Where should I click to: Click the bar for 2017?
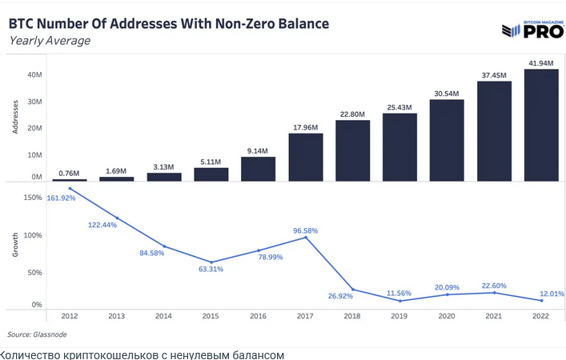[x=306, y=158]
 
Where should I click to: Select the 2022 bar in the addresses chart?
[x=541, y=125]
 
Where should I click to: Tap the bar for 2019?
[x=399, y=147]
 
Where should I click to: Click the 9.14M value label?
[x=257, y=150]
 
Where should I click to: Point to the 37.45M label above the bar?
[x=494, y=75]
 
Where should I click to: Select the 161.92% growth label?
[x=61, y=198]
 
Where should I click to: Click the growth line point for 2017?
[x=306, y=238]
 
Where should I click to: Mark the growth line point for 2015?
[x=211, y=262]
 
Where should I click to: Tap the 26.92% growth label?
[x=340, y=296]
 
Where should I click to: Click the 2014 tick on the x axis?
[x=163, y=316]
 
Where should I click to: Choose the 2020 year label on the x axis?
[x=447, y=316]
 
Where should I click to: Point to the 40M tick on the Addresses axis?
[x=34, y=74]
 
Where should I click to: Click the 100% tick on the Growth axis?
[x=33, y=235]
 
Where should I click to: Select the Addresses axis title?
[x=15, y=117]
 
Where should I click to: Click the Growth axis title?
[x=15, y=245]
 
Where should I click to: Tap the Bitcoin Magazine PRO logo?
[x=533, y=30]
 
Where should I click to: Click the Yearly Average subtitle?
[x=50, y=41]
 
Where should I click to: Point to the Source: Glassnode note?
[x=37, y=334]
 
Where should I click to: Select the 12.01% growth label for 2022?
[x=552, y=294]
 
